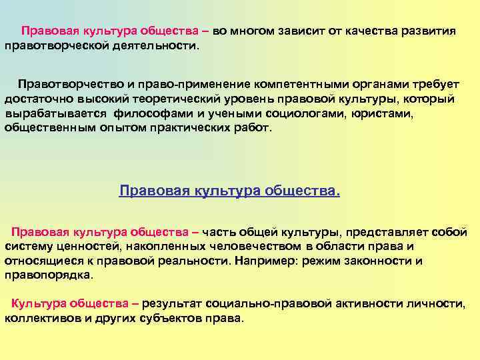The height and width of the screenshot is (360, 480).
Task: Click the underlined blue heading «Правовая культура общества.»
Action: pos(229,192)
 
